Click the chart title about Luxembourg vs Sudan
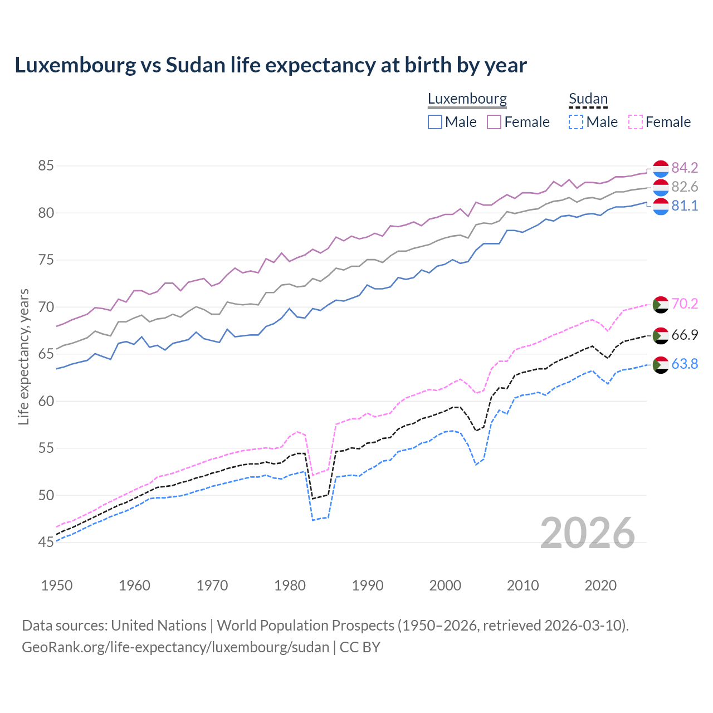(271, 65)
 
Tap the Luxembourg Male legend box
(435, 122)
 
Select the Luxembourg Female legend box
(494, 122)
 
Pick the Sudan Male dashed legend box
(576, 122)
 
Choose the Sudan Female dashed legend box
(635, 122)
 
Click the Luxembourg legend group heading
(467, 99)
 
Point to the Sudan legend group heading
(588, 99)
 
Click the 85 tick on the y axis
(46, 166)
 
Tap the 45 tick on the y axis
(46, 542)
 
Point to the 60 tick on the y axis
(46, 401)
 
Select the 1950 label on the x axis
(57, 585)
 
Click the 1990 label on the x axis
(368, 585)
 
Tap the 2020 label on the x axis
(600, 585)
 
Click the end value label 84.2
(685, 168)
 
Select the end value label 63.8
(685, 364)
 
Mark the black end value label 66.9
(685, 335)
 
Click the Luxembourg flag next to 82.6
(660, 187)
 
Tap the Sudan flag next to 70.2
(660, 305)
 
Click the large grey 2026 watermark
(588, 534)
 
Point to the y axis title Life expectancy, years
(23, 356)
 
